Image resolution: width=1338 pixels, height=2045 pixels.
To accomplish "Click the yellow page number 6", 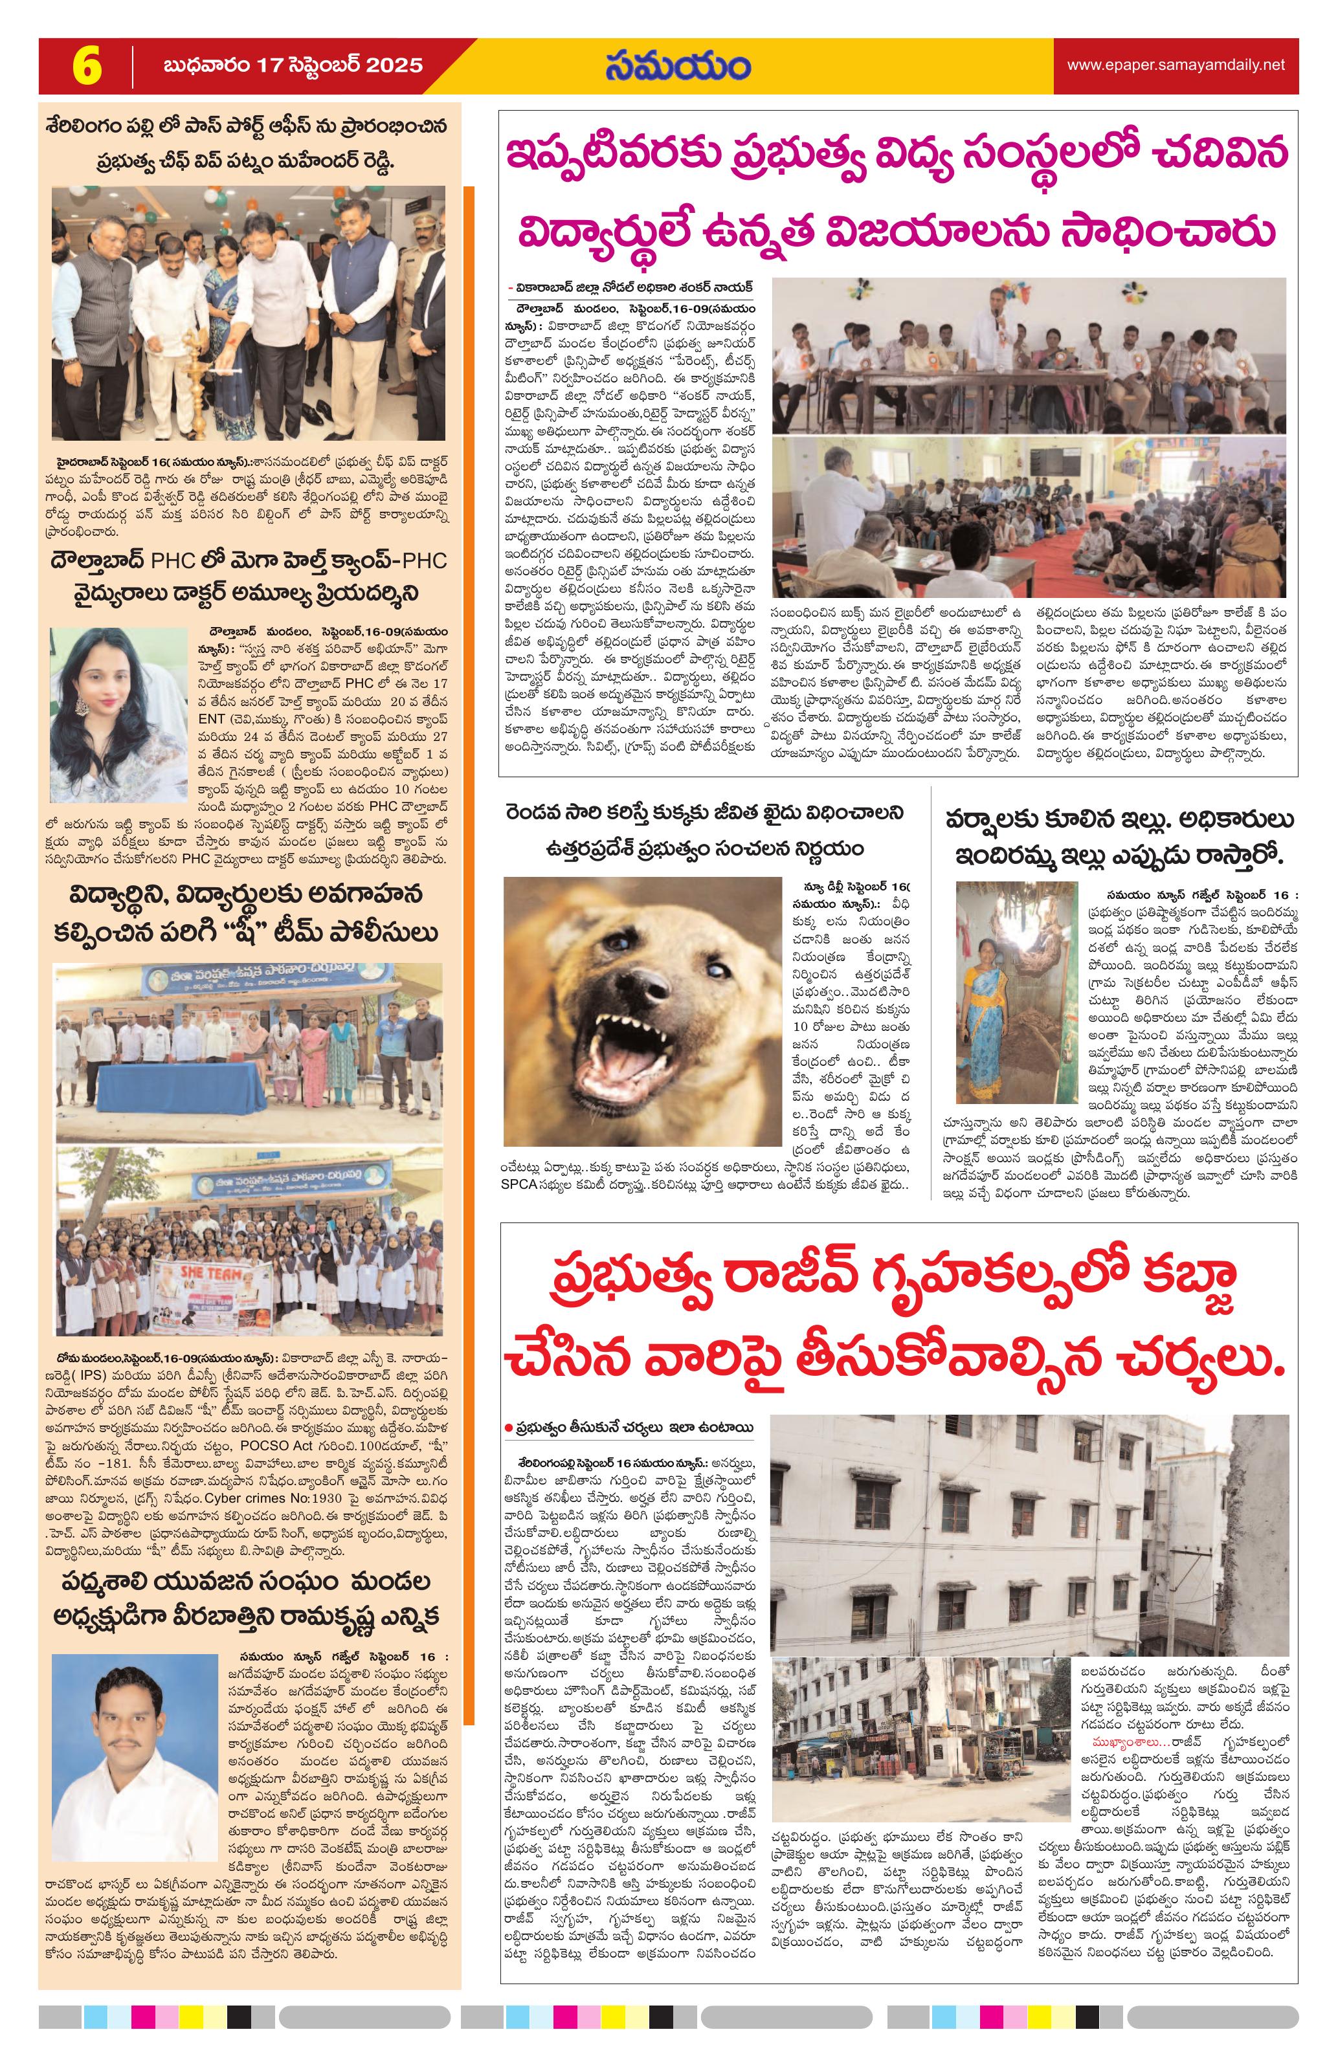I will point(86,66).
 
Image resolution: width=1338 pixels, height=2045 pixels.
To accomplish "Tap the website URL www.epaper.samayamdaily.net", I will point(1176,65).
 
